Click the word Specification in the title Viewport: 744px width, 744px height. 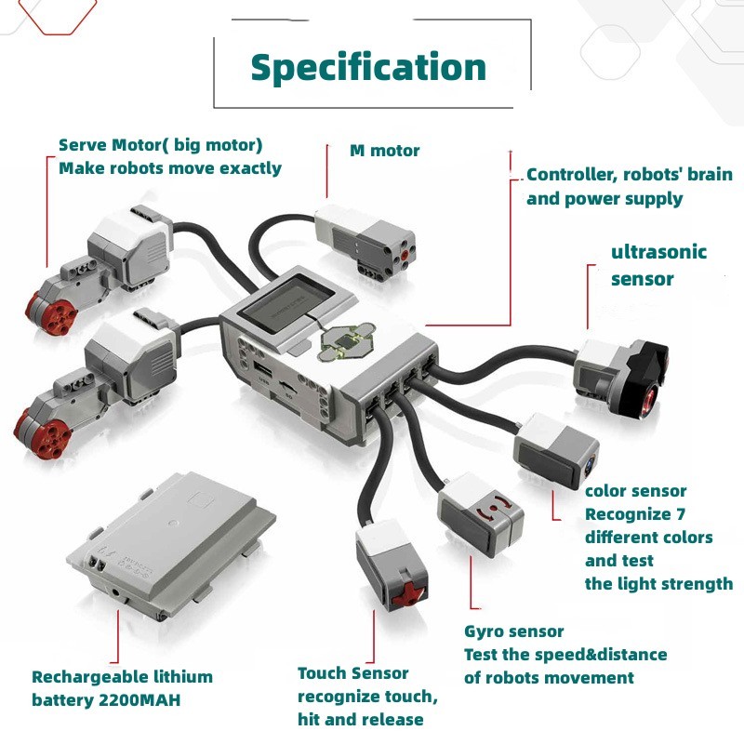368,68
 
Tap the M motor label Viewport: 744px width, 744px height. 384,151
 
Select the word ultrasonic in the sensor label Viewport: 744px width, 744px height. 658,251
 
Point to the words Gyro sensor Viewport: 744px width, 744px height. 514,631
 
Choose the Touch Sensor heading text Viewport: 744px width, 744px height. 353,672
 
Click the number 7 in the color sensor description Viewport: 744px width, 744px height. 681,514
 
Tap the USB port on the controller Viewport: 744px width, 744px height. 263,368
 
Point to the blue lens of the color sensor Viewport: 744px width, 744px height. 591,464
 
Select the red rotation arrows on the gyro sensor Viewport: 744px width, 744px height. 494,509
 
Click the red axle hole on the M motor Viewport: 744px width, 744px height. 405,255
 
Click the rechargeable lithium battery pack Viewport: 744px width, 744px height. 172,543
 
